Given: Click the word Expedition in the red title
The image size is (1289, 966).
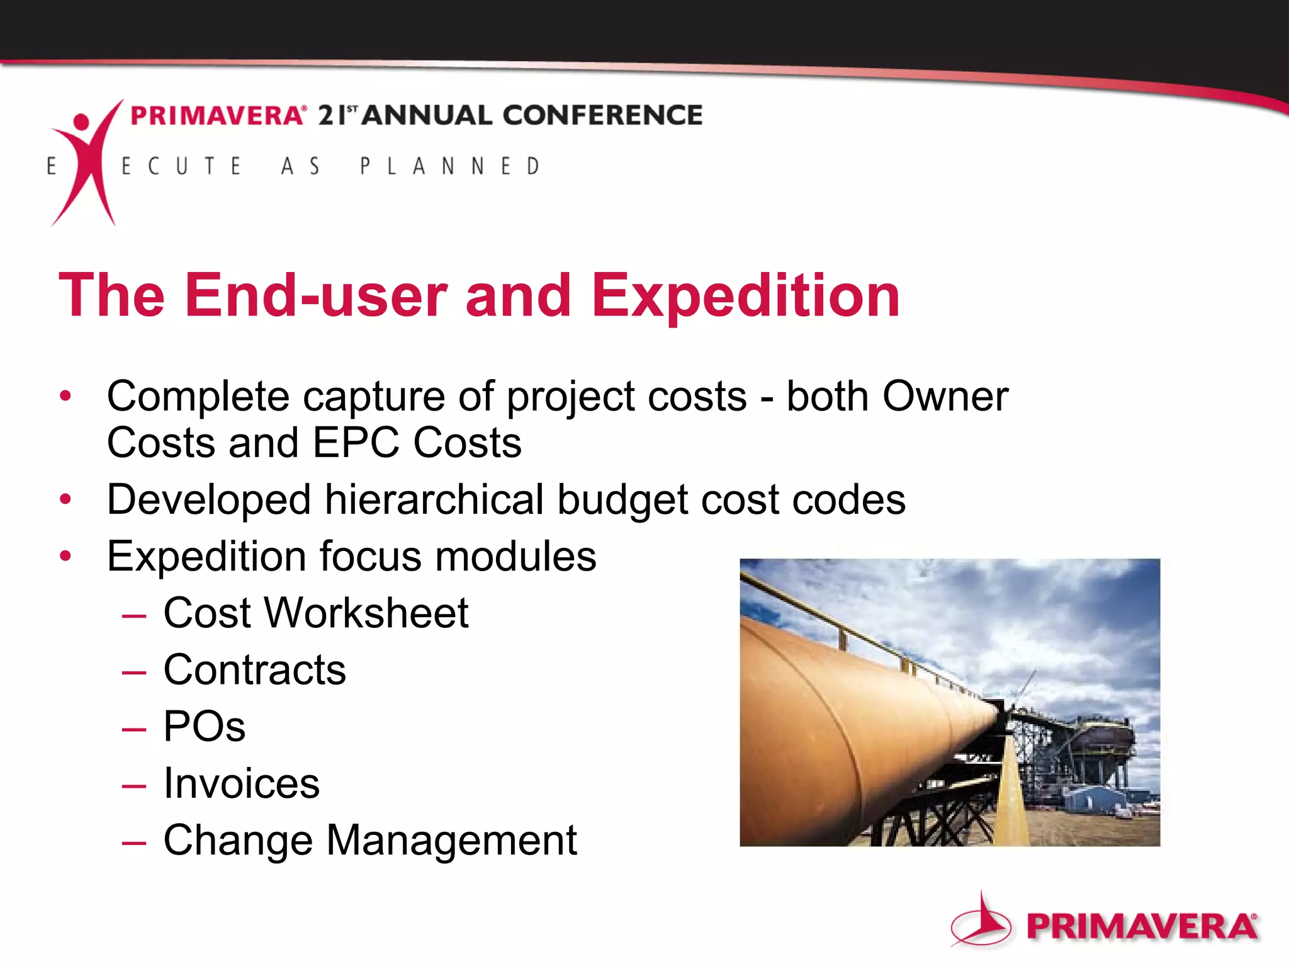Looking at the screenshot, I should pos(745,296).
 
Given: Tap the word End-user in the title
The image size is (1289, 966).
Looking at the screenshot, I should pos(315,296).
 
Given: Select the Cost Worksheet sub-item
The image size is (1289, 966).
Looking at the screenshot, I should pos(315,613).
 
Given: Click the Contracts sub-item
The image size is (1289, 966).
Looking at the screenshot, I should pos(254,670).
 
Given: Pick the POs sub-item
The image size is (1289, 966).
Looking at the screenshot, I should pos(204,727).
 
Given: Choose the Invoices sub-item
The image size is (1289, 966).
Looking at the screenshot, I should pos(241,783).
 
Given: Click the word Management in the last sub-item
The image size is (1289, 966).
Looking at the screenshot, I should pos(451,840).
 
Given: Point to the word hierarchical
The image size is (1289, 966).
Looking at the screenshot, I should pos(434,500).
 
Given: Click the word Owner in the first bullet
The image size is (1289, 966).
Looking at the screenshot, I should pos(945,397).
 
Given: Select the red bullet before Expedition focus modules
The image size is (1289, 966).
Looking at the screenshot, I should pos(65,556).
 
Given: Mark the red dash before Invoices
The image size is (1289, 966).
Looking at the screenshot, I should pos(134,785).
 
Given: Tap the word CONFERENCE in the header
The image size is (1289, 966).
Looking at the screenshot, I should pos(602,115).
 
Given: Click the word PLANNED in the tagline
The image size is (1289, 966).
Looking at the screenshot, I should pos(450,166).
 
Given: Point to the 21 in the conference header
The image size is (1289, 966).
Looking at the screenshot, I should pos(332,115).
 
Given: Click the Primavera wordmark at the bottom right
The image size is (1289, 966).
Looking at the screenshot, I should pos(1141,927).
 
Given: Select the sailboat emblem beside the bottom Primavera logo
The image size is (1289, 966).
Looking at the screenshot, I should pos(981,921).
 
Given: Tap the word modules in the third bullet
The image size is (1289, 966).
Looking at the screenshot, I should pos(515,557).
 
